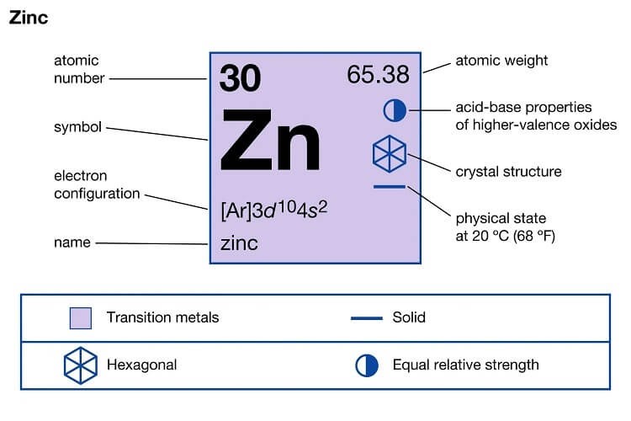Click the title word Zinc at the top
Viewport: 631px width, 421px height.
pyautogui.click(x=29, y=18)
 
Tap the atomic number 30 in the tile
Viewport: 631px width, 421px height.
pyautogui.click(x=241, y=77)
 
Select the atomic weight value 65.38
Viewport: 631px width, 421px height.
pyautogui.click(x=379, y=75)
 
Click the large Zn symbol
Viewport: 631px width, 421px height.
pyautogui.click(x=270, y=141)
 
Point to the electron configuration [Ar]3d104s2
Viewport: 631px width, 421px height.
pyautogui.click(x=274, y=210)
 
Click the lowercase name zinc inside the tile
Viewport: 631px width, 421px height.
pyautogui.click(x=239, y=243)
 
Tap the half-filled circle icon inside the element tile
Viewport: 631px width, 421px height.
pyautogui.click(x=395, y=110)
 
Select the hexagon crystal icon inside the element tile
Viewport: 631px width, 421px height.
pyautogui.click(x=390, y=154)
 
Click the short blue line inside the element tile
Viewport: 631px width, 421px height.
pyautogui.click(x=390, y=187)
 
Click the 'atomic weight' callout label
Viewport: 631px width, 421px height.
pyautogui.click(x=501, y=61)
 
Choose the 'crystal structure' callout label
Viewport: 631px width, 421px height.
pyautogui.click(x=508, y=172)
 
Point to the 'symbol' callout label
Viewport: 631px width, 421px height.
pyautogui.click(x=77, y=127)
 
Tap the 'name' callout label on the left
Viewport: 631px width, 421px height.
pyautogui.click(x=72, y=242)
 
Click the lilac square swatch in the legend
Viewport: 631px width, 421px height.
pyautogui.click(x=81, y=318)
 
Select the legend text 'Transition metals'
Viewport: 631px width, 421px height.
pyautogui.click(x=162, y=317)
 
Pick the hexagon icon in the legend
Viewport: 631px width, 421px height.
pyautogui.click(x=81, y=365)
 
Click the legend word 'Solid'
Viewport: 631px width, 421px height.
pyautogui.click(x=409, y=317)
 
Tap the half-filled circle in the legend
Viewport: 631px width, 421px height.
pyautogui.click(x=367, y=365)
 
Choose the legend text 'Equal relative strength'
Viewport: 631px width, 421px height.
pyautogui.click(x=465, y=365)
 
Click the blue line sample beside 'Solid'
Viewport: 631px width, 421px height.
pyautogui.click(x=367, y=318)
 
